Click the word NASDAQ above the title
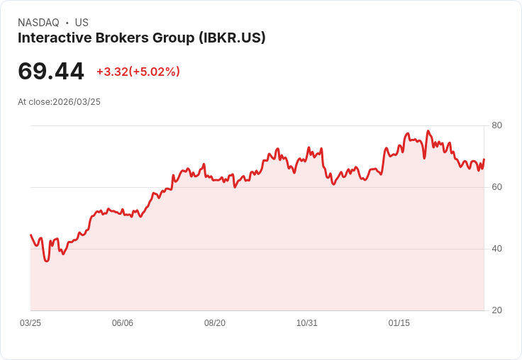(x=38, y=23)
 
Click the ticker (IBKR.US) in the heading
(x=233, y=38)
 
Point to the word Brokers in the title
(x=120, y=38)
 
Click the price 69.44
(x=51, y=72)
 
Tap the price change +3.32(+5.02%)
(x=138, y=72)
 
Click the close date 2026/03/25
(x=77, y=102)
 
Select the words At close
(x=34, y=102)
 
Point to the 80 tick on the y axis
(x=497, y=125)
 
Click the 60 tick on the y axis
(x=497, y=187)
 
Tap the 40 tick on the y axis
(x=497, y=249)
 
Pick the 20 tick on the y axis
(x=497, y=310)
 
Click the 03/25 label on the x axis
(x=30, y=323)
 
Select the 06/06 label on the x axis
(x=123, y=323)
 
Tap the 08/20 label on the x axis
(x=215, y=323)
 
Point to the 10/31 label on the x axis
(x=307, y=323)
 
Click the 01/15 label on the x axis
(x=399, y=323)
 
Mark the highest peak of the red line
(x=428, y=131)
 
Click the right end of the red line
(x=484, y=159)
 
